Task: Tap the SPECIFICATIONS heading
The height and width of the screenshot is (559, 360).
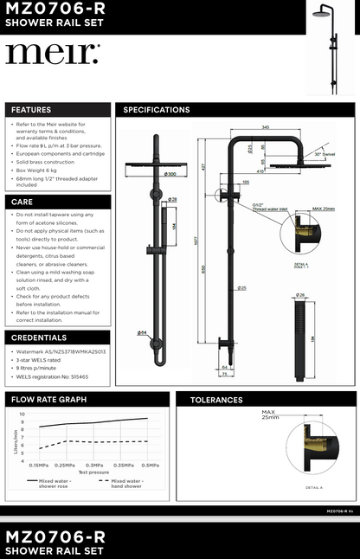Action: pos(157,110)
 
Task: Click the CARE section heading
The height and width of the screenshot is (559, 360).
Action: pos(22,201)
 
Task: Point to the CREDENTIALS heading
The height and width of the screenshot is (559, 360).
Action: pos(40,337)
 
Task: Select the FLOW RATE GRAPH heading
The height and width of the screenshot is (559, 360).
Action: pos(48,400)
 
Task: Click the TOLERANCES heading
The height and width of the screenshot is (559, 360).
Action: pos(215,400)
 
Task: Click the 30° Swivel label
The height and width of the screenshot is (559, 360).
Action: pos(327,153)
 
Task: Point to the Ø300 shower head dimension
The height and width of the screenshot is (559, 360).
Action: pos(170,174)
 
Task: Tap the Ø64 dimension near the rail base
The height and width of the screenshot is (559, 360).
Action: pos(140,333)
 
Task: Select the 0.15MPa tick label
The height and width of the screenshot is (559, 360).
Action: pos(38,466)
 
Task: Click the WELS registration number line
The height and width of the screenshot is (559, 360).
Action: pos(52,377)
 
